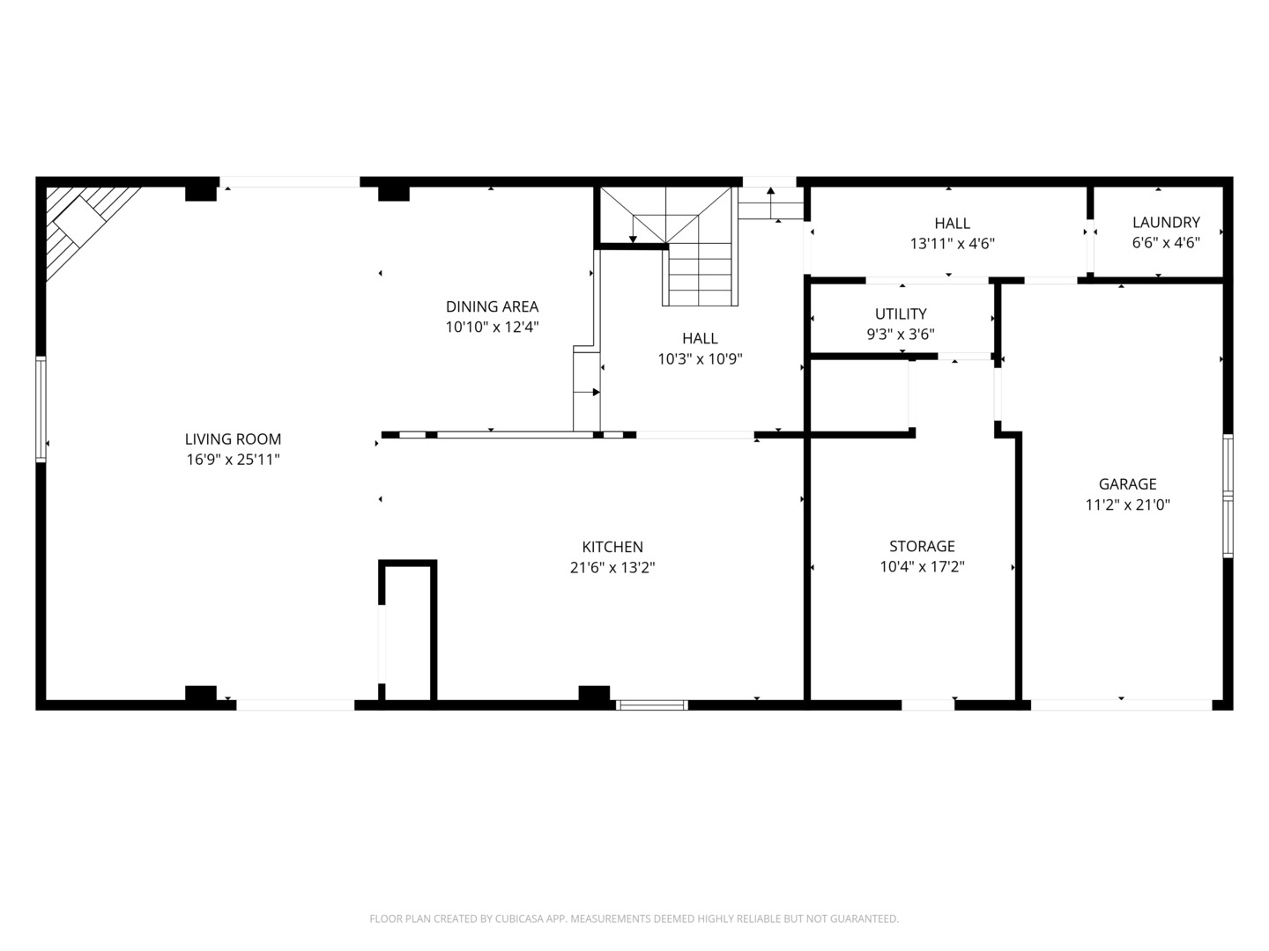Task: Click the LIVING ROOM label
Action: click(x=233, y=439)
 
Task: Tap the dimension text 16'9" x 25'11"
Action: click(x=233, y=460)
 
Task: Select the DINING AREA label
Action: click(x=492, y=306)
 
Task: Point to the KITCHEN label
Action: click(x=612, y=547)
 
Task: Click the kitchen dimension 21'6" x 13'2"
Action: click(x=612, y=568)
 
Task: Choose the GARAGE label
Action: click(x=1127, y=483)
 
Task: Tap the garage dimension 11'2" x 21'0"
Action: click(x=1127, y=505)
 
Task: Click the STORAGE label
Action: click(x=922, y=546)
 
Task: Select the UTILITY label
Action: click(x=901, y=313)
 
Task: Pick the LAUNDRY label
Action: click(x=1166, y=222)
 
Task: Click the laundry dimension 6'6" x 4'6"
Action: click(x=1166, y=243)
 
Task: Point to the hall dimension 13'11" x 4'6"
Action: click(x=952, y=244)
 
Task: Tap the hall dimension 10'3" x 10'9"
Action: click(x=700, y=359)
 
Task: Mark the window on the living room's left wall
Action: click(x=41, y=409)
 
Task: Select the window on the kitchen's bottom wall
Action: click(x=651, y=704)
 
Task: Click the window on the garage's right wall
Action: click(x=1228, y=496)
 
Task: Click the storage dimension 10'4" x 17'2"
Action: click(x=922, y=568)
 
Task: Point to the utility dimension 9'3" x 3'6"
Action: click(x=901, y=335)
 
